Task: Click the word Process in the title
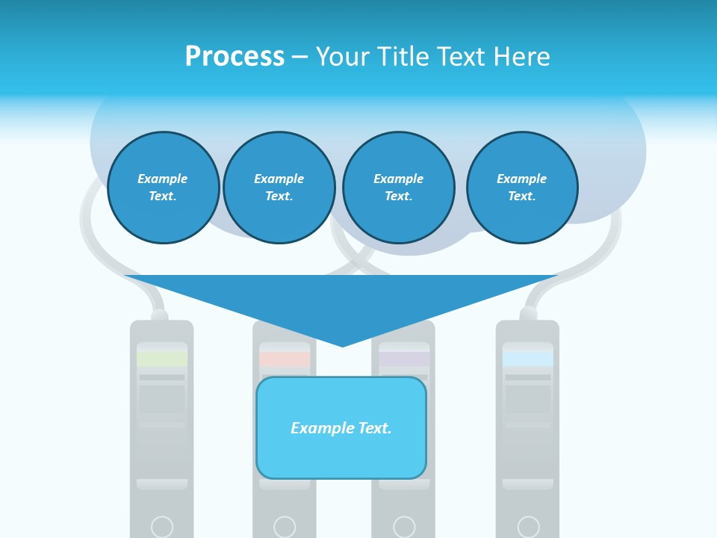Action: (235, 57)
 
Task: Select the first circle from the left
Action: (164, 188)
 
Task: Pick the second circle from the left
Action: (279, 188)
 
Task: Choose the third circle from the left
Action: (399, 188)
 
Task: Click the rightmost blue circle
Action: (522, 188)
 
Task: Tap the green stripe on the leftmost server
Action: (162, 359)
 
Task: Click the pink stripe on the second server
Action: (285, 359)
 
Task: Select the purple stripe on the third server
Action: (404, 359)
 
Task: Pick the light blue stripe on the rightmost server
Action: (528, 359)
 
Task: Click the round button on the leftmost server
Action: (162, 527)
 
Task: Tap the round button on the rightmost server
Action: (528, 527)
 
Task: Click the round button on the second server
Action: (285, 527)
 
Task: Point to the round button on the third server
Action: (404, 527)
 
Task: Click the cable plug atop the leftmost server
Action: (159, 315)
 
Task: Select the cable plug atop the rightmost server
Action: (528, 314)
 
